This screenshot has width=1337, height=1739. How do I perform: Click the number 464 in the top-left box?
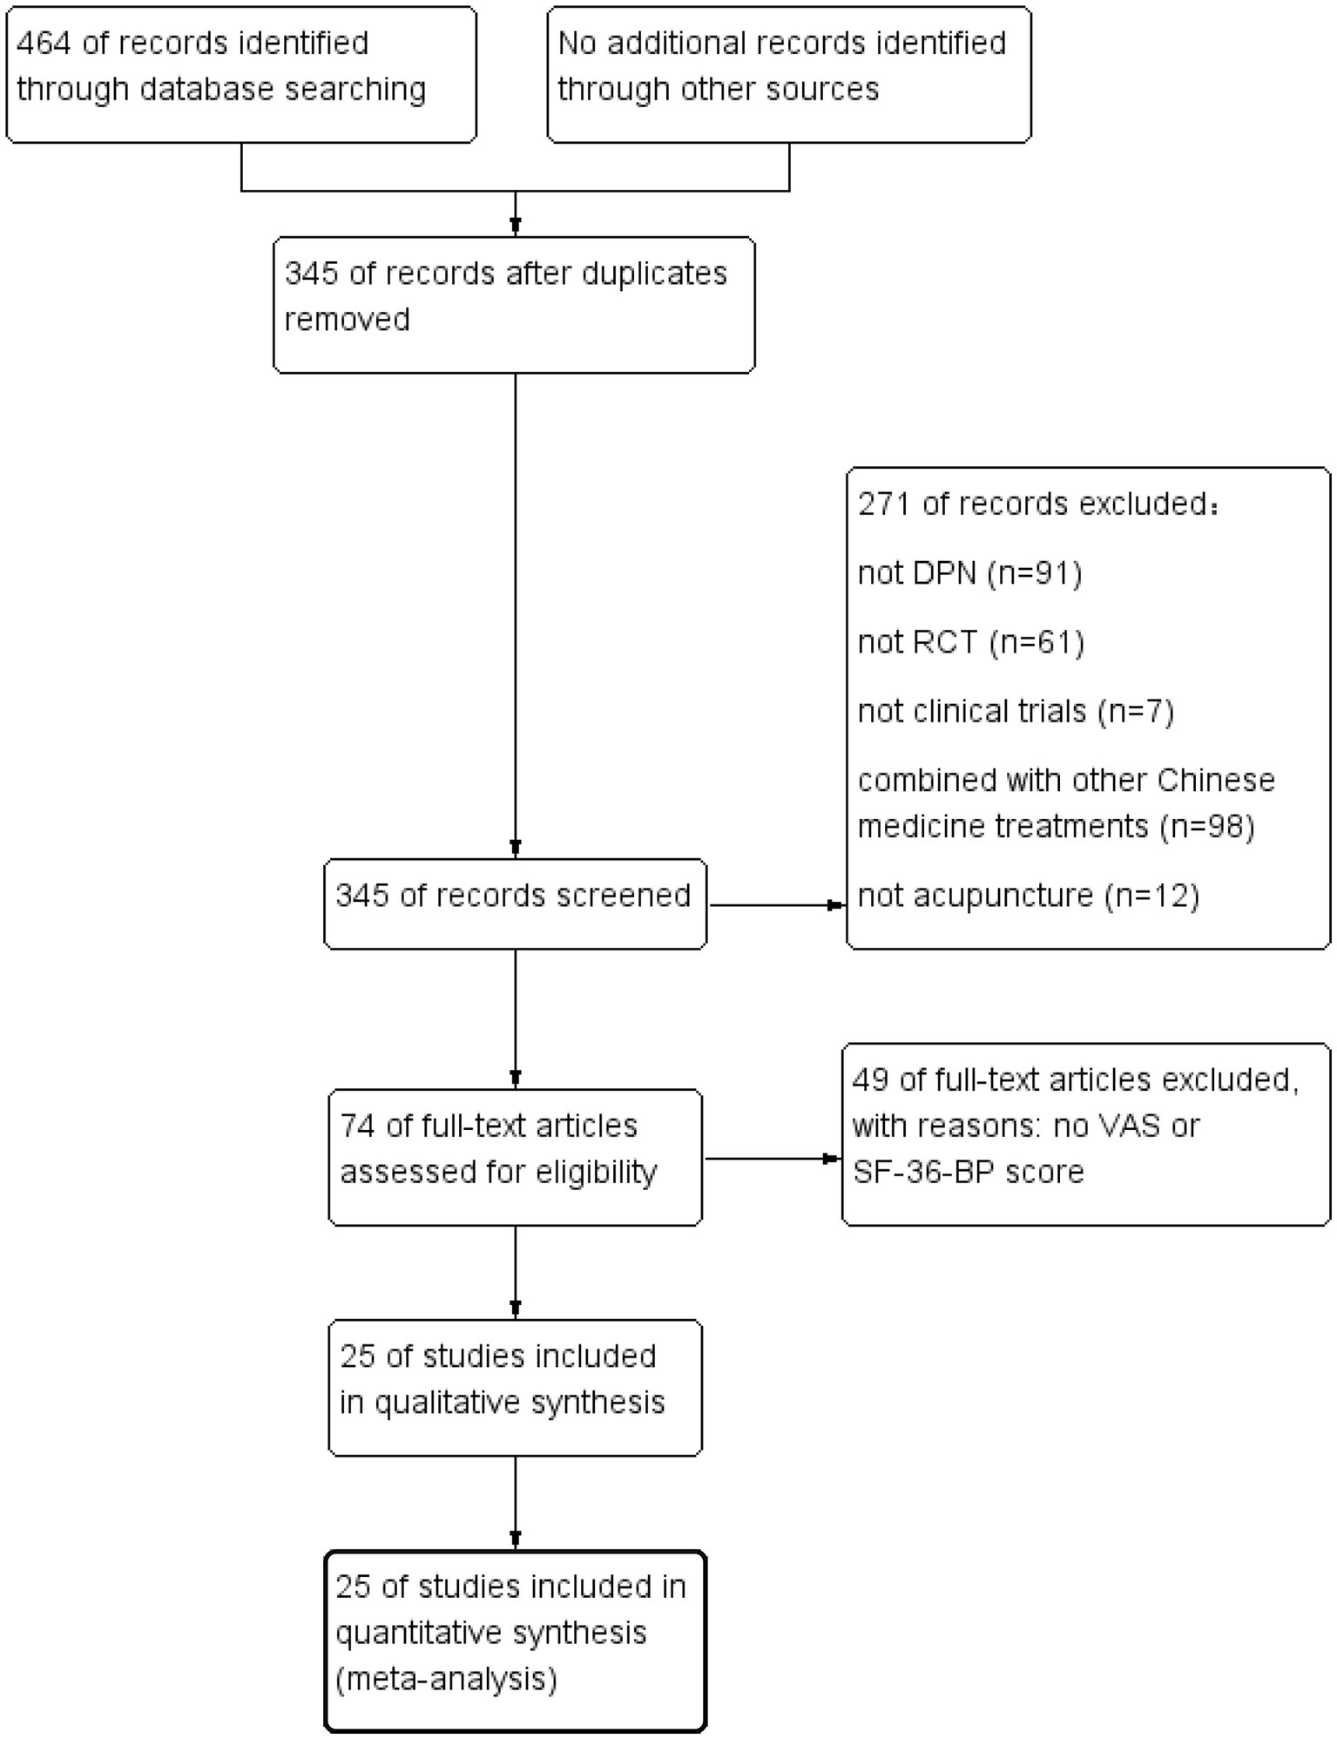[x=43, y=43]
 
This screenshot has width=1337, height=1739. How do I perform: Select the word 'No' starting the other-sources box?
[x=575, y=43]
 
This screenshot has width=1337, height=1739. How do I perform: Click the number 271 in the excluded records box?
[x=883, y=504]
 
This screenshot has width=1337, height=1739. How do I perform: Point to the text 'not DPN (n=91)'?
[x=969, y=573]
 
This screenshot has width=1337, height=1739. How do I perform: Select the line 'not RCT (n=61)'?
[x=970, y=642]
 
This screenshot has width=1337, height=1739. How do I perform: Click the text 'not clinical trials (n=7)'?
[x=1016, y=711]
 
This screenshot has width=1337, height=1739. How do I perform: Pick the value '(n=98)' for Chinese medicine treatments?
[x=1206, y=826]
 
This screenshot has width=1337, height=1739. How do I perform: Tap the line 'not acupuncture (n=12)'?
[x=1028, y=896]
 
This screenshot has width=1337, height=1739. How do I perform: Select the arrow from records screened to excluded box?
[x=775, y=905]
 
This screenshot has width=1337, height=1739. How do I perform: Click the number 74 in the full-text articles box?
[x=356, y=1126]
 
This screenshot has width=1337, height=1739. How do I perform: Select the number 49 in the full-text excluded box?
[x=869, y=1079]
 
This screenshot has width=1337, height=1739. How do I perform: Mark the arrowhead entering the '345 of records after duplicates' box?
[x=516, y=227]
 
